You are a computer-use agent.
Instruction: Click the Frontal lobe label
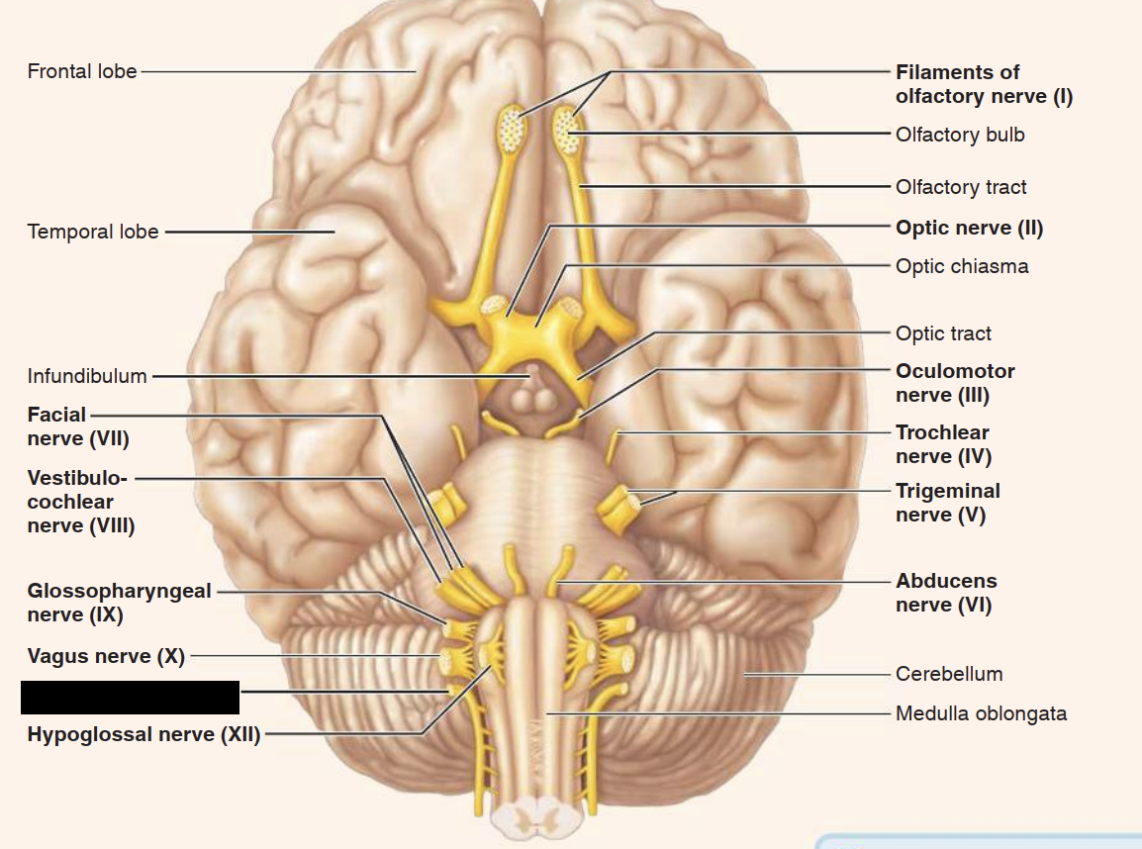pyautogui.click(x=82, y=71)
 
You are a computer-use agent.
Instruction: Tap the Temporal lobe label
pyautogui.click(x=93, y=232)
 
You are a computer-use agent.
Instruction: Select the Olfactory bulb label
pyautogui.click(x=960, y=135)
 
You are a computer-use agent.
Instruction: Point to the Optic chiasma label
pyautogui.click(x=962, y=266)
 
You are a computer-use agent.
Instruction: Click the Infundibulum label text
pyautogui.click(x=87, y=376)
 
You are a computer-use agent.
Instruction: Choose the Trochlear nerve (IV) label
pyautogui.click(x=943, y=444)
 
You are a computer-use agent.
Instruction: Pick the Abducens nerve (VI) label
pyautogui.click(x=946, y=593)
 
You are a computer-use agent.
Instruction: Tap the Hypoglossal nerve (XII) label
pyautogui.click(x=143, y=734)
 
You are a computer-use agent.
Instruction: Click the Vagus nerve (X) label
pyautogui.click(x=106, y=656)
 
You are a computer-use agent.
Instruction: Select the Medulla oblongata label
pyautogui.click(x=981, y=713)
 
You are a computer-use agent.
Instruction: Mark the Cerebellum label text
pyautogui.click(x=949, y=674)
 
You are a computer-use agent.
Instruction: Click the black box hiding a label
pyautogui.click(x=130, y=697)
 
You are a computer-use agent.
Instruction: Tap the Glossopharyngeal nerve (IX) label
pyautogui.click(x=119, y=603)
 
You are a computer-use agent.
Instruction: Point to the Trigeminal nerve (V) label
pyautogui.click(x=947, y=503)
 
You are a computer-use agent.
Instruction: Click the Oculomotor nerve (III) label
pyautogui.click(x=955, y=383)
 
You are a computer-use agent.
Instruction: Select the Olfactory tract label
pyautogui.click(x=961, y=187)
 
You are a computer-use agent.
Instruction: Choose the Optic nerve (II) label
pyautogui.click(x=969, y=228)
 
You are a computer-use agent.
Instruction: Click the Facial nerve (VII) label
pyautogui.click(x=77, y=426)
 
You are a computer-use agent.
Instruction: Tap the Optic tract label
pyautogui.click(x=943, y=333)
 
